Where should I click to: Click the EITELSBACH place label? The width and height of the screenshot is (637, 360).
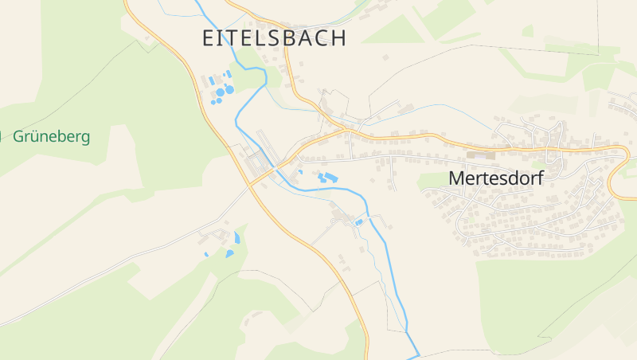point(275,38)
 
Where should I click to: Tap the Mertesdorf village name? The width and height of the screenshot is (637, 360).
point(495,178)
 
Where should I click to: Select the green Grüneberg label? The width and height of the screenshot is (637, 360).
point(51,136)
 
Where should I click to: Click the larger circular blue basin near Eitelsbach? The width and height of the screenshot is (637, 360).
point(229,90)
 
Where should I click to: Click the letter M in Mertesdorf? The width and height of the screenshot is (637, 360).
point(456,178)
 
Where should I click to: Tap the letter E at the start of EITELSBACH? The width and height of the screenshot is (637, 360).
point(208,38)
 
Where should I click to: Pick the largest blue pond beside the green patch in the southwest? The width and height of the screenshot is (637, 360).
point(229,253)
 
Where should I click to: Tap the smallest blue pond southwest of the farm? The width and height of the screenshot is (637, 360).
point(206,254)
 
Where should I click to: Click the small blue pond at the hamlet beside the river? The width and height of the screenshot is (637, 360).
point(360,222)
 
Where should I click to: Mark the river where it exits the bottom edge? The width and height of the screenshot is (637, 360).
point(416,355)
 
